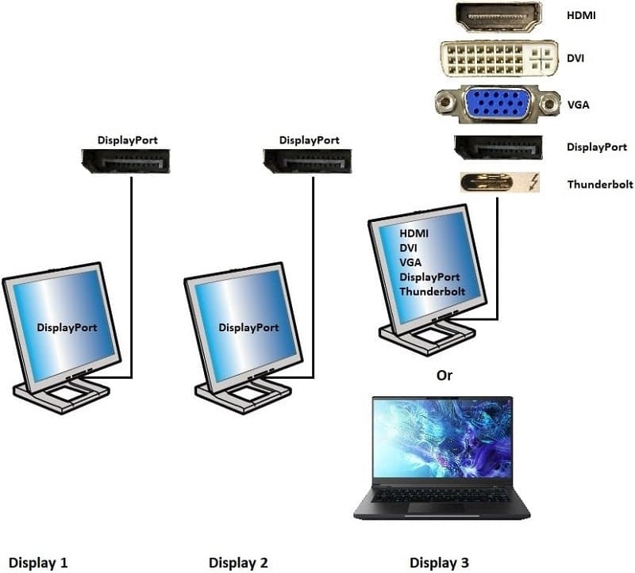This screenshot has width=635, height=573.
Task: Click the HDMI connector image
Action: (x=498, y=17)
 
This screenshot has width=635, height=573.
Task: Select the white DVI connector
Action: (x=498, y=58)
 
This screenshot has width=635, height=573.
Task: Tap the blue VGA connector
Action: (x=498, y=104)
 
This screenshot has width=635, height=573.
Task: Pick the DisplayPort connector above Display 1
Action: (x=126, y=161)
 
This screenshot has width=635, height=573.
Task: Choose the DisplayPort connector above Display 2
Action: (x=307, y=161)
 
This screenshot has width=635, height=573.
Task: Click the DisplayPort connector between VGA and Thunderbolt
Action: (x=498, y=147)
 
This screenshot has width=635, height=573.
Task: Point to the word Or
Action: (x=444, y=375)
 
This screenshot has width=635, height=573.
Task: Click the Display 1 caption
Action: (x=38, y=563)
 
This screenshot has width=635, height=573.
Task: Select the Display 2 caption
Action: (x=238, y=563)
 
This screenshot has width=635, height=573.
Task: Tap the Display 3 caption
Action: (x=439, y=563)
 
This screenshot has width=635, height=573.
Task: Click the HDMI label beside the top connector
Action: (x=581, y=16)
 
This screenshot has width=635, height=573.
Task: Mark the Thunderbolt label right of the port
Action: (x=600, y=185)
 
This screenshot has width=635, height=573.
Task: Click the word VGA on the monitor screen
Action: (x=410, y=262)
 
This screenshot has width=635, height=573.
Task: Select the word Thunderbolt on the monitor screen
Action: (x=432, y=292)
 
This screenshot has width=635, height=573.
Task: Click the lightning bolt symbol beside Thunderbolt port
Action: (x=534, y=182)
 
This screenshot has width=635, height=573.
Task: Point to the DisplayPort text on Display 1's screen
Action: (x=67, y=327)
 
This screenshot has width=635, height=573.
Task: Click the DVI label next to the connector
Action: (x=575, y=58)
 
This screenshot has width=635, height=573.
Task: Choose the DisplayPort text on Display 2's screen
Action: (x=248, y=327)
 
